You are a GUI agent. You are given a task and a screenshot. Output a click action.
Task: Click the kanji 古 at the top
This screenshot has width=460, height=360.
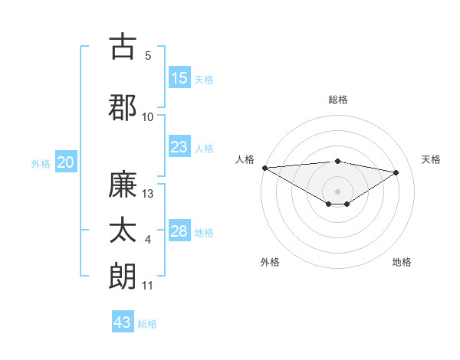pyautogui.click(x=123, y=47)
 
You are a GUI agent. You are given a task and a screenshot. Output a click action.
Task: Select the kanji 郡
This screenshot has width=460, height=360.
pyautogui.click(x=123, y=106)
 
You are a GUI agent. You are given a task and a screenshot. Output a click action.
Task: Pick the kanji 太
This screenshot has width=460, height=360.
pyautogui.click(x=123, y=231)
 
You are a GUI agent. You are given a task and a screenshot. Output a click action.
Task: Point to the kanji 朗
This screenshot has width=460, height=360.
pyautogui.click(x=123, y=276)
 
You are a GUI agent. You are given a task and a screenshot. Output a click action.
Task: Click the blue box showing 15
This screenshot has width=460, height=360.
pyautogui.click(x=179, y=78)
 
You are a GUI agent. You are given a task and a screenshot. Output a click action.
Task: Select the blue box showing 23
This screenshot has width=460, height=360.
pyautogui.click(x=179, y=147)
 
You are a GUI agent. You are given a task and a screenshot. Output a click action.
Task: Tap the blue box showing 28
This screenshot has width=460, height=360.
pyautogui.click(x=179, y=231)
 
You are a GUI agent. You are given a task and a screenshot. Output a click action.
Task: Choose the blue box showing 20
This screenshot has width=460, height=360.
pyautogui.click(x=66, y=162)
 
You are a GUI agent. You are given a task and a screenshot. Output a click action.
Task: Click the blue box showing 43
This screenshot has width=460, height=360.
pyautogui.click(x=123, y=322)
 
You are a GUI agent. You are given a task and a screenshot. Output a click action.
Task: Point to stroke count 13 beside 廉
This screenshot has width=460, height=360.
pyautogui.click(x=148, y=194)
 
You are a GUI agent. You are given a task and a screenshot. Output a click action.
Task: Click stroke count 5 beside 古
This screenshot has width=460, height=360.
pyautogui.click(x=148, y=56)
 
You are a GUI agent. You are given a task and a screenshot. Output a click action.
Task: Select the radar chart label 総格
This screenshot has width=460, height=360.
pyautogui.click(x=338, y=100)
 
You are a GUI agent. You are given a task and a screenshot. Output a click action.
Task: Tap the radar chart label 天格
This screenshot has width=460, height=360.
pyautogui.click(x=431, y=159)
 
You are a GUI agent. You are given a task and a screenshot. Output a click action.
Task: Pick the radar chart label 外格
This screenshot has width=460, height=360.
pyautogui.click(x=270, y=263)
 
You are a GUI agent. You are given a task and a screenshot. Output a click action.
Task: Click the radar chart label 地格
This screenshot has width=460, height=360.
pyautogui.click(x=402, y=263)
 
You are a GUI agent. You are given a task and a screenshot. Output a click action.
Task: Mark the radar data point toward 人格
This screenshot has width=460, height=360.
pyautogui.click(x=264, y=167)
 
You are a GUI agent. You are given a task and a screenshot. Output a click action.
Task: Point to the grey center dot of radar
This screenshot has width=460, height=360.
pyautogui.click(x=337, y=190)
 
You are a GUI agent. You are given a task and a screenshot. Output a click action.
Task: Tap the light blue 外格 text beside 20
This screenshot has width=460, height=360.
pyautogui.click(x=41, y=163)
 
